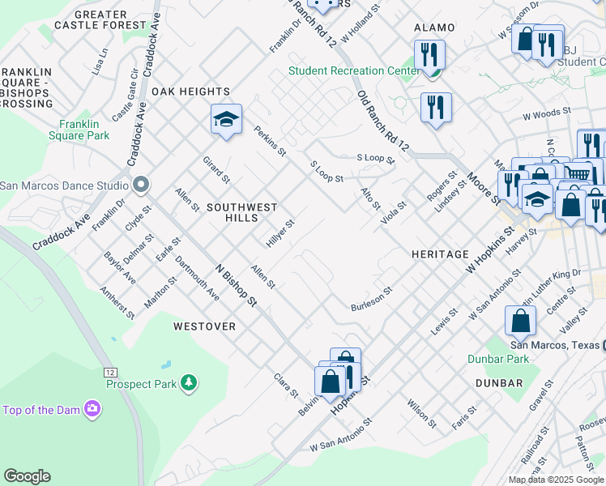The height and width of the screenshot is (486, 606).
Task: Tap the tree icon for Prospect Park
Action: pos(189,382)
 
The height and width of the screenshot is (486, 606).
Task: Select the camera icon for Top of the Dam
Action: pos(93,409)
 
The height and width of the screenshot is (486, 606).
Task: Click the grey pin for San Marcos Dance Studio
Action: pos(140,185)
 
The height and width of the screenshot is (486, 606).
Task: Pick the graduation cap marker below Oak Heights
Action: pos(227,120)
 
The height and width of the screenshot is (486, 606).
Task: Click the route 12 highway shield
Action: pos(111,371)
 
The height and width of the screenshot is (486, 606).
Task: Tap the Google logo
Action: pos(27,476)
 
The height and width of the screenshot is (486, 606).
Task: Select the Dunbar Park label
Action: pos(497,358)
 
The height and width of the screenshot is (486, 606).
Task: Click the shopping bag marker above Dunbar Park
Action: pos(520,321)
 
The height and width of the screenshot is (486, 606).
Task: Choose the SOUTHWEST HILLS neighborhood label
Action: pos(242,212)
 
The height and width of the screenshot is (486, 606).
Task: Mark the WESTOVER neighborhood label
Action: pos(204,326)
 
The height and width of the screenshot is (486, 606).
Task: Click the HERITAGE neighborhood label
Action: pos(440,254)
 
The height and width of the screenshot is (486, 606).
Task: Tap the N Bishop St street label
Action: pos(236,286)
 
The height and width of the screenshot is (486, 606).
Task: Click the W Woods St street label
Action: pos(547,112)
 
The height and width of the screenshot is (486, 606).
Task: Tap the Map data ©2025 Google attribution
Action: pos(557,480)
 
